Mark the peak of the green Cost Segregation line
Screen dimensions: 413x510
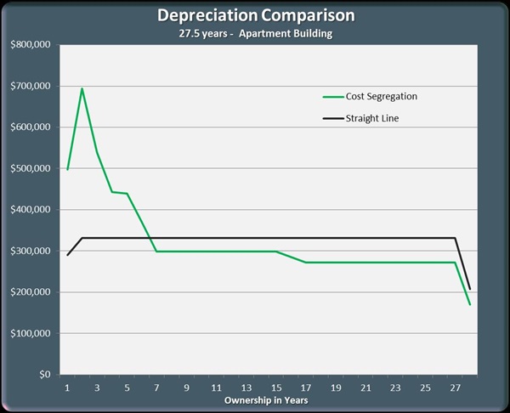pyautogui.click(x=82, y=88)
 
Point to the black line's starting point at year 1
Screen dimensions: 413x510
pyautogui.click(x=67, y=255)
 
